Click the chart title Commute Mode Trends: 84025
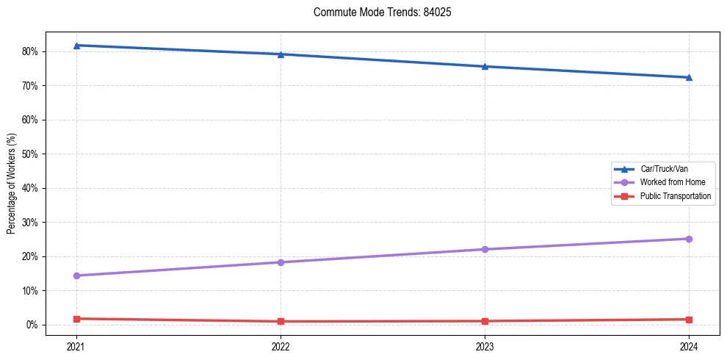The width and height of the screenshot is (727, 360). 377,12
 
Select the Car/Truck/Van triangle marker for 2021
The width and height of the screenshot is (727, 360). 76,46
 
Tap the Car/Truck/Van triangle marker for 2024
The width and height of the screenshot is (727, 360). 689,77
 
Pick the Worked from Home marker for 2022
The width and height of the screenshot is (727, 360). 281,262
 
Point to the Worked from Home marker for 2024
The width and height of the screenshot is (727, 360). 689,239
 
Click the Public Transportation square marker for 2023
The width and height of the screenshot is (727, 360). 485,321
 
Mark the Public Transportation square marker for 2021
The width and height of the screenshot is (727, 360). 76,319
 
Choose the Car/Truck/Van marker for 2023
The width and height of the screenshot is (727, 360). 485,66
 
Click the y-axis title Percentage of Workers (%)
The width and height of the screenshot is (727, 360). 12,183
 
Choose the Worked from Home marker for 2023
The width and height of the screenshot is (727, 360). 485,249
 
